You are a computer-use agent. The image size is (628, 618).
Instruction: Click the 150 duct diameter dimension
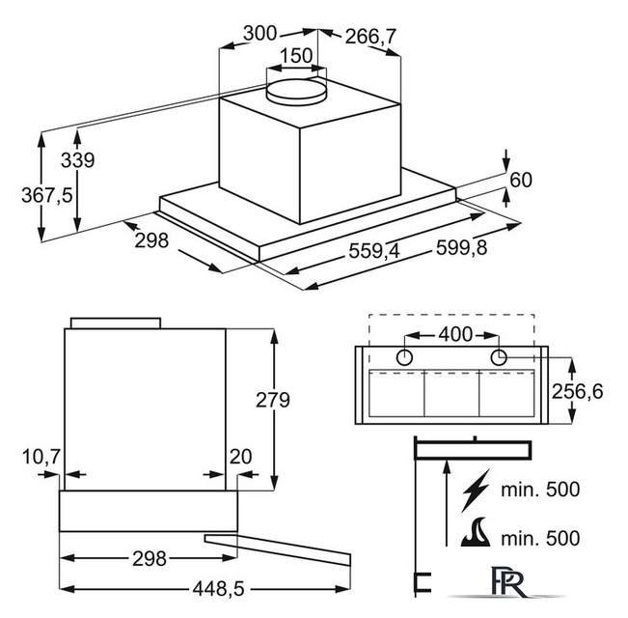[296, 56]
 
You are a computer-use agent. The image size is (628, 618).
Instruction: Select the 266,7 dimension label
[370, 37]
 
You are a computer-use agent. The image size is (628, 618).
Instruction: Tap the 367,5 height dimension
[47, 196]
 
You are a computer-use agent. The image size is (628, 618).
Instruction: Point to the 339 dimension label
[78, 160]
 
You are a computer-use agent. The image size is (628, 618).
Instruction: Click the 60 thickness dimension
[521, 180]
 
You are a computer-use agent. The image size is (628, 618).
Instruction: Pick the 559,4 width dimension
[374, 251]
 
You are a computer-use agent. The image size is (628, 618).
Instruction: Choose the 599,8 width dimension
[461, 247]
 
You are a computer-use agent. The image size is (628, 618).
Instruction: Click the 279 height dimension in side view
[273, 400]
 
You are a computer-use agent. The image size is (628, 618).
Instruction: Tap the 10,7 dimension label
[41, 457]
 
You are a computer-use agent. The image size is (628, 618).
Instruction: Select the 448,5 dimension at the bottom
[218, 589]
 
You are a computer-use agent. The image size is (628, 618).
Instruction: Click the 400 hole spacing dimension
[455, 334]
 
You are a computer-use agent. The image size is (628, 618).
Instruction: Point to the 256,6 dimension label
[577, 391]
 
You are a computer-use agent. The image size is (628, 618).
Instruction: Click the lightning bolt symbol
[476, 491]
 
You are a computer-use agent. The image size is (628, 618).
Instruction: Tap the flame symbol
[476, 532]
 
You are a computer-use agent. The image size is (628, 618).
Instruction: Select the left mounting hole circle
[404, 357]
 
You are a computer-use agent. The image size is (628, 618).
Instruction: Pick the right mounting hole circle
[499, 357]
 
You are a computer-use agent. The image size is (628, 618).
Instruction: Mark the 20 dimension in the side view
[240, 457]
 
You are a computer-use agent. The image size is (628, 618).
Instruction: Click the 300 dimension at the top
[259, 33]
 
